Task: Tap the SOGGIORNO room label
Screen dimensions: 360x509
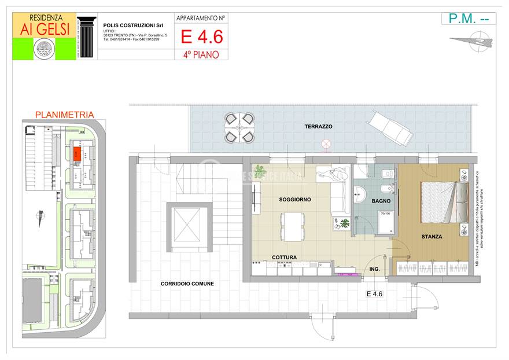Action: (294, 200)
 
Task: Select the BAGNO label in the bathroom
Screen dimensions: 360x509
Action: (381, 201)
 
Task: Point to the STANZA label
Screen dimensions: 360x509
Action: (431, 237)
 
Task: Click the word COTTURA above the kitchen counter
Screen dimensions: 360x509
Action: (285, 257)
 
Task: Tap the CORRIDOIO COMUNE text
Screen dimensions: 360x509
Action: (187, 284)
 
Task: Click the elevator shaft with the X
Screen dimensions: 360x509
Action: (190, 227)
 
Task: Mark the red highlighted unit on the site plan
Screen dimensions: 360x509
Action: (77, 153)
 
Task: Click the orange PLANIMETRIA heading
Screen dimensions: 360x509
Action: (64, 115)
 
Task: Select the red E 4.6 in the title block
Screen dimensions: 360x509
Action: (201, 36)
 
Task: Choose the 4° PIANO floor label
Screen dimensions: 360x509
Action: (201, 54)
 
